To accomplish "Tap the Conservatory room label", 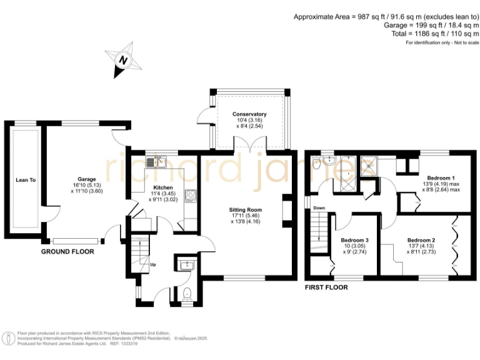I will tap(249, 114).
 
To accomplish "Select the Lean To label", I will tap(26, 180).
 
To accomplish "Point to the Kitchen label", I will tap(162, 187).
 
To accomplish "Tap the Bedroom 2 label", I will tap(421, 240).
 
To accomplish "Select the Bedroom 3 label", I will tap(354, 240).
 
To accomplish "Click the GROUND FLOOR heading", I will tap(67, 252).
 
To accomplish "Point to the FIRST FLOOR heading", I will tap(326, 287).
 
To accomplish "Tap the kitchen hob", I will tap(190, 196).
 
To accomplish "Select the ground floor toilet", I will tap(187, 291).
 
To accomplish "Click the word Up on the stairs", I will tap(152, 264).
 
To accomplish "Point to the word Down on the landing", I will tap(319, 207).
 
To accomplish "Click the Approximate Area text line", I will tap(386, 17).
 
